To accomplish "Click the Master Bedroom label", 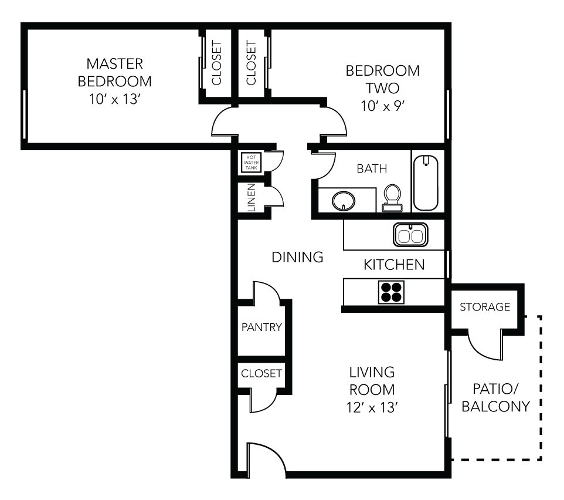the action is [115, 72].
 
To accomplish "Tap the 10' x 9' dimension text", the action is [382, 107].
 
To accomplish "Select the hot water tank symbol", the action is [251, 163].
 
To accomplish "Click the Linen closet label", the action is [252, 198].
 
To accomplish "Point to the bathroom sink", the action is [343, 201].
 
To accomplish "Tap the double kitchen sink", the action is [410, 235].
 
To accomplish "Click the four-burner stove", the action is [391, 292].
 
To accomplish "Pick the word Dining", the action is [298, 256].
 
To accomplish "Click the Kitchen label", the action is [394, 265].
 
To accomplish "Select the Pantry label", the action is [262, 327].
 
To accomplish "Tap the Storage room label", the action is [484, 307].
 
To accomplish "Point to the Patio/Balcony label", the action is [496, 397].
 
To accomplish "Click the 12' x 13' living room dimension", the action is [372, 406].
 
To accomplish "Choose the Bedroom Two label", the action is [382, 80].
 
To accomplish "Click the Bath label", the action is [372, 169].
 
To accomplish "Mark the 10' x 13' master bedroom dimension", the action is [115, 99].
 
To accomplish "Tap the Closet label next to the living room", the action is [262, 373].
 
